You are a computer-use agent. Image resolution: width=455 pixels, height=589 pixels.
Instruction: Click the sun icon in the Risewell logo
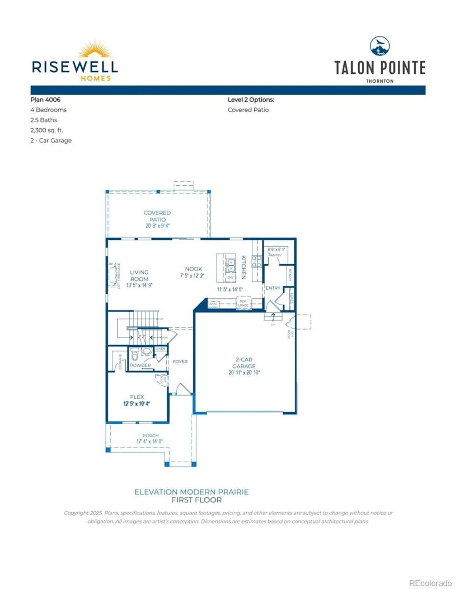(94, 50)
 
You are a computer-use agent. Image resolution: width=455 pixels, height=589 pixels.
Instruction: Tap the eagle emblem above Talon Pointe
(380, 46)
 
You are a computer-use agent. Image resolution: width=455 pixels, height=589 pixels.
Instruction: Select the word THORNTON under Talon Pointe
(380, 81)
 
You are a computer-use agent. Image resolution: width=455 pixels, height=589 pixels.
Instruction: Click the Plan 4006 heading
(45, 99)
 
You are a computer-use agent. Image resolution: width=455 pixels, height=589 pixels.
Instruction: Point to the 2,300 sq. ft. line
(47, 130)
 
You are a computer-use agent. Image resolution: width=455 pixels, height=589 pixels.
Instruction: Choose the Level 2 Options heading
(251, 99)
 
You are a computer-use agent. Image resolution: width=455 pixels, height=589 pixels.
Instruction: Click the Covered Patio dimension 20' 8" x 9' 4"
(157, 226)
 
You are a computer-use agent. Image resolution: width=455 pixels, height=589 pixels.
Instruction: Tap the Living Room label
(139, 275)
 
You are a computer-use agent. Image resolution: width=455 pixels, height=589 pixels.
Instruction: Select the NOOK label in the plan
(194, 269)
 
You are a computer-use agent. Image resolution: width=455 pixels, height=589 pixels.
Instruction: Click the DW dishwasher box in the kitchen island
(230, 277)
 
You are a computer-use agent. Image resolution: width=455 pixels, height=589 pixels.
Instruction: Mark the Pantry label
(275, 255)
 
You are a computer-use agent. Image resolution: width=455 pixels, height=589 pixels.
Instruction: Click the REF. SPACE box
(243, 303)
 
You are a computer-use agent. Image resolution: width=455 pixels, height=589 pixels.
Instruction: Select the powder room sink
(146, 351)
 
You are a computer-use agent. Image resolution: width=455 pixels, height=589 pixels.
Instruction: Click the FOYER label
(180, 362)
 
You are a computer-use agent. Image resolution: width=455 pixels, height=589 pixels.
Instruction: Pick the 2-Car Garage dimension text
(244, 373)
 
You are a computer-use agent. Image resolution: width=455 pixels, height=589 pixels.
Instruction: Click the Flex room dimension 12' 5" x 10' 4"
(137, 404)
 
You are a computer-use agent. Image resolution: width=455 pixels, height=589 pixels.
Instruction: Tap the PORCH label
(151, 435)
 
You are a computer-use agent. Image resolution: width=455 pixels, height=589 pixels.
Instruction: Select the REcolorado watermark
(430, 583)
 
